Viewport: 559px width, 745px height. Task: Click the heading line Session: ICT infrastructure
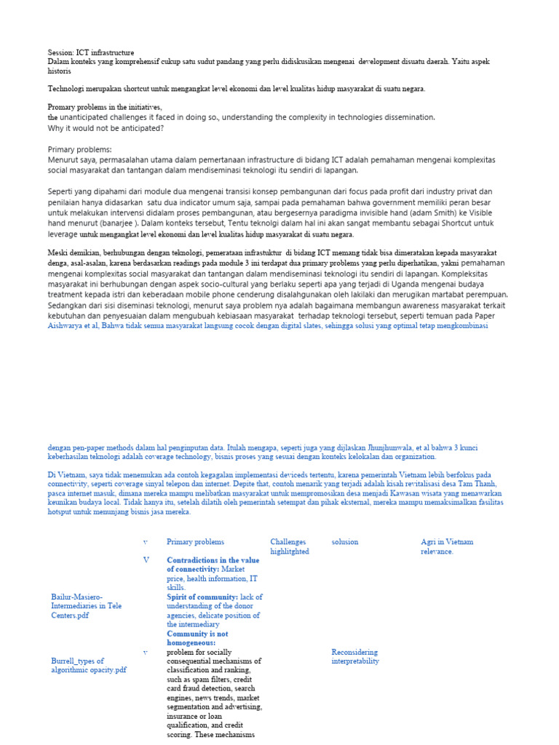pos(91,53)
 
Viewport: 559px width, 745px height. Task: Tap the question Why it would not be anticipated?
pos(106,128)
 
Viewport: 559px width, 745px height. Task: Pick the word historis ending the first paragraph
pos(59,71)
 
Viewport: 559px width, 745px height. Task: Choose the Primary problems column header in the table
pos(195,542)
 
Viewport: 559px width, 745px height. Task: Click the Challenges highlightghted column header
pos(290,547)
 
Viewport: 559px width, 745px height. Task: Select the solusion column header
pos(345,542)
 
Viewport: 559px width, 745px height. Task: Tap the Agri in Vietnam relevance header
pos(447,547)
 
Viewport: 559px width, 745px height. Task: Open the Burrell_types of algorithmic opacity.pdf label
pos(88,665)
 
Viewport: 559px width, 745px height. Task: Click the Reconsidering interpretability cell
pos(356,656)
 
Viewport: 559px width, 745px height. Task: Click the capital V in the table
pos(146,560)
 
